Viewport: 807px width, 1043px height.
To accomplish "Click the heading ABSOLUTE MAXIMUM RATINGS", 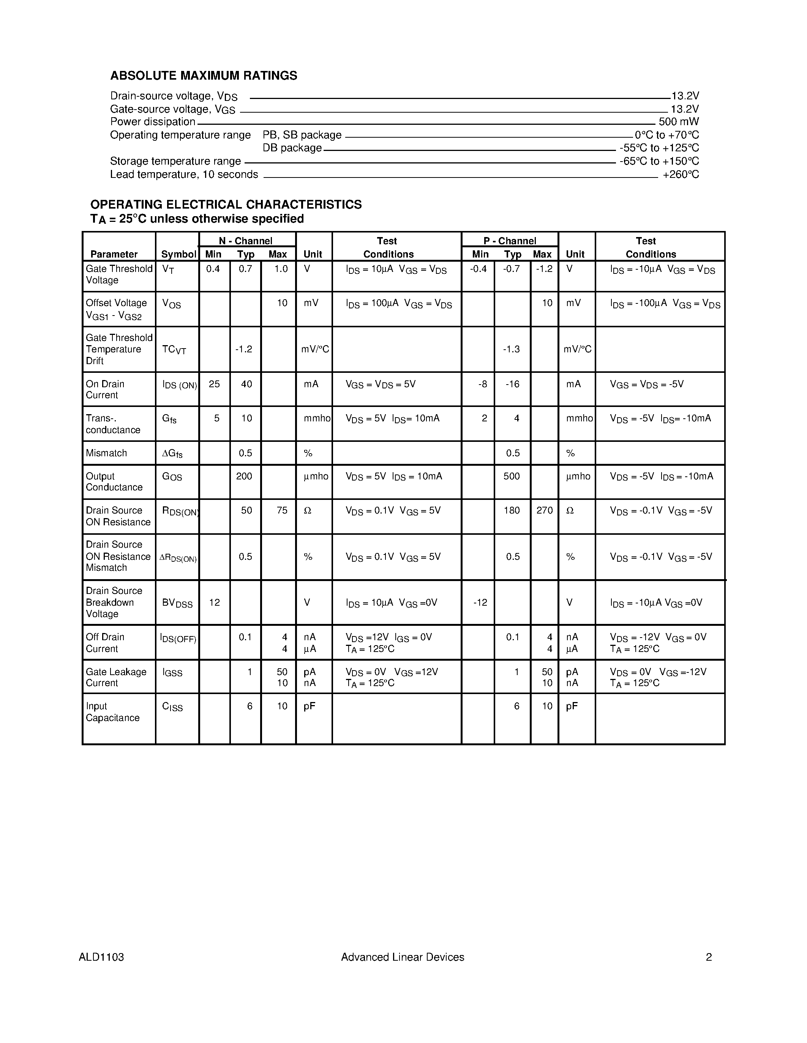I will click(204, 75).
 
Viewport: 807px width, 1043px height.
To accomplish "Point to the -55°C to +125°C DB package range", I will click(659, 148).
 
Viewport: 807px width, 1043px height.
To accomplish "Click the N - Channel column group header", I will click(246, 241).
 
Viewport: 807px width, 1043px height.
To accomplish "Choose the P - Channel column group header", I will click(510, 241).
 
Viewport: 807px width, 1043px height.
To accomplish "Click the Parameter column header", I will click(114, 254).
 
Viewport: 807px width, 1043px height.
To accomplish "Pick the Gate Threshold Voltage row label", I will click(118, 275).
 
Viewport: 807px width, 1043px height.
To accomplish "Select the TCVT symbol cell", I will click(174, 350).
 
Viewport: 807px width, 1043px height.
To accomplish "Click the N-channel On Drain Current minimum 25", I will click(214, 384).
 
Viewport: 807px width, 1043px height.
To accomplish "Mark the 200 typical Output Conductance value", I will click(244, 476).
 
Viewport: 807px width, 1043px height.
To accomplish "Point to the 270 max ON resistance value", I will click(545, 511).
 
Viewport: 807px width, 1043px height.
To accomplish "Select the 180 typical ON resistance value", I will click(512, 511).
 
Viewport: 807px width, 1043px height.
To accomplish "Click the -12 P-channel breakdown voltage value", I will click(480, 603).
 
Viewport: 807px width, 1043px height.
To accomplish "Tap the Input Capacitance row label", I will click(113, 712).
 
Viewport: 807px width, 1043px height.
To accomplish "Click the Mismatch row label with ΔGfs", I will click(106, 453).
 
